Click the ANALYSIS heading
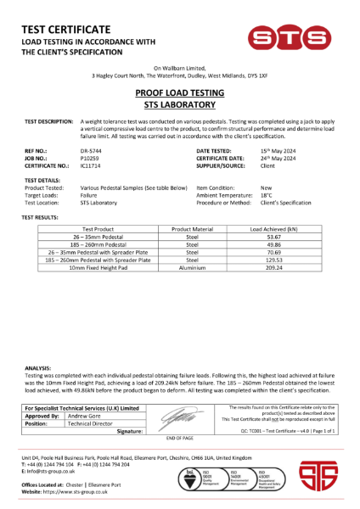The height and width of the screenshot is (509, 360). [38, 367]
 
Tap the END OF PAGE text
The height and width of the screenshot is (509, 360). [180, 437]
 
